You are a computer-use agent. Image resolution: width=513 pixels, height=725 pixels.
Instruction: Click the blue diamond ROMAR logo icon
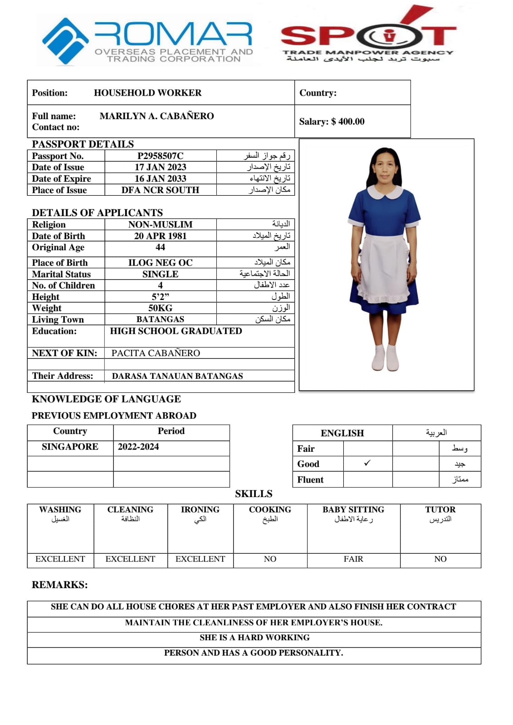65,40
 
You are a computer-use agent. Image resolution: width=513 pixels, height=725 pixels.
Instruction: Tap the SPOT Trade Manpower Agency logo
367,36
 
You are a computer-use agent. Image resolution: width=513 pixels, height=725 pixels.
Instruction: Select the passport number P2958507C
160,156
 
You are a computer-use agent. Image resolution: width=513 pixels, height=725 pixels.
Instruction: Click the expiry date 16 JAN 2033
160,179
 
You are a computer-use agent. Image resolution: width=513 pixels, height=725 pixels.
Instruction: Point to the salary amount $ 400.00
348,121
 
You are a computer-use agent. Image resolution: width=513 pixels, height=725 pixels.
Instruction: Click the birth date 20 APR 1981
160,236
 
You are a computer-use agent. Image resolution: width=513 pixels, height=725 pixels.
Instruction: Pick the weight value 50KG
160,308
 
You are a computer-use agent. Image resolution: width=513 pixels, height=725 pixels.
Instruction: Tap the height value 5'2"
160,297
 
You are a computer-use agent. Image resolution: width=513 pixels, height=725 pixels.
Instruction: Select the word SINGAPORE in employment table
70,447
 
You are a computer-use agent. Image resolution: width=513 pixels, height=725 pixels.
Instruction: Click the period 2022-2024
138,447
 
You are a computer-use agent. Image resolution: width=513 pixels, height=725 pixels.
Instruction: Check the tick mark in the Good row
367,463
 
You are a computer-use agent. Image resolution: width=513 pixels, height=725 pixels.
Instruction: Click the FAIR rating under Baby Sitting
353,559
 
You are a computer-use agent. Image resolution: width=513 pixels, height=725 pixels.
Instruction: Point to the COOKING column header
270,510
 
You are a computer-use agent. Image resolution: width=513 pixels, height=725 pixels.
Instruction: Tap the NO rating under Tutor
440,559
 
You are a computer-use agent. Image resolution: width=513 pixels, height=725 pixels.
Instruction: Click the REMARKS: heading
59,585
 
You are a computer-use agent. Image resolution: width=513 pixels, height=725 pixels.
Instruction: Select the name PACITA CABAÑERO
156,353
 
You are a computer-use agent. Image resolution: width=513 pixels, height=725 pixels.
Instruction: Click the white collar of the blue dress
385,192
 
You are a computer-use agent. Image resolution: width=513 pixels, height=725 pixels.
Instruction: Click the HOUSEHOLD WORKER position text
147,93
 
